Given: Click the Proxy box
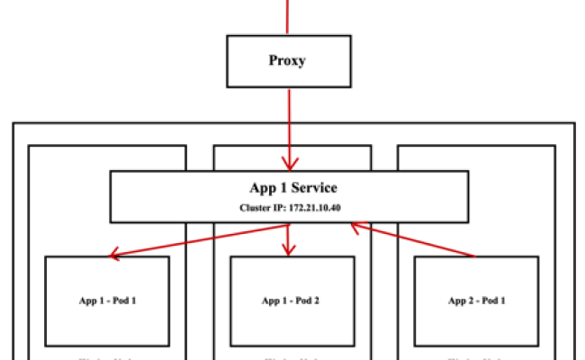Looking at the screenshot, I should point(288,61).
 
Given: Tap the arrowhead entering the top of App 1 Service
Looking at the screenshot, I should point(288,163).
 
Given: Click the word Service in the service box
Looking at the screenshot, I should point(310,188).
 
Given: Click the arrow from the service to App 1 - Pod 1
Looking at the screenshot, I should point(198,239).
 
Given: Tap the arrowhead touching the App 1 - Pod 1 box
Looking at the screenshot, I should point(113,256).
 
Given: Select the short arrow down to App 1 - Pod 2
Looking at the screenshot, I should point(288,236).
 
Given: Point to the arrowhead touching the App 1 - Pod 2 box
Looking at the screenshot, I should point(288,249).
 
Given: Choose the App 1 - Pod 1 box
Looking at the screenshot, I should point(108,300).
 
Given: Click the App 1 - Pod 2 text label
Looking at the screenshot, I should point(291,301).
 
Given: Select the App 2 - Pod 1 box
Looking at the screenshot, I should point(476,300).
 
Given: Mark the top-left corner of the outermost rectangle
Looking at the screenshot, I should point(13,123).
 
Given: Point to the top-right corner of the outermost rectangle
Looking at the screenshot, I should point(574,123).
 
